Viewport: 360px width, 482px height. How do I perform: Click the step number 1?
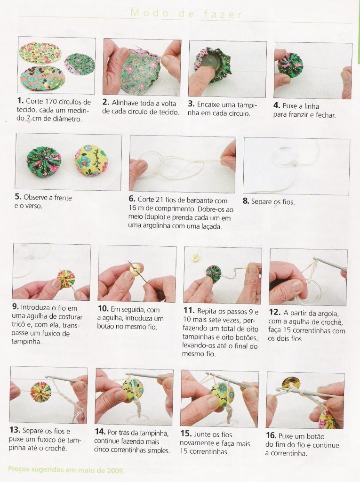tap(20, 101)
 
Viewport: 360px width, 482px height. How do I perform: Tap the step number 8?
tap(246, 201)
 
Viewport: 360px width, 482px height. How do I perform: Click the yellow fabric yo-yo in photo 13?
tap(40, 390)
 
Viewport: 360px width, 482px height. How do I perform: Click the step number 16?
tap(271, 436)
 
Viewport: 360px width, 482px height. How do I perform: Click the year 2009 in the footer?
tap(116, 470)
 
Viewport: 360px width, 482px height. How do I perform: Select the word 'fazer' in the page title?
tap(223, 14)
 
